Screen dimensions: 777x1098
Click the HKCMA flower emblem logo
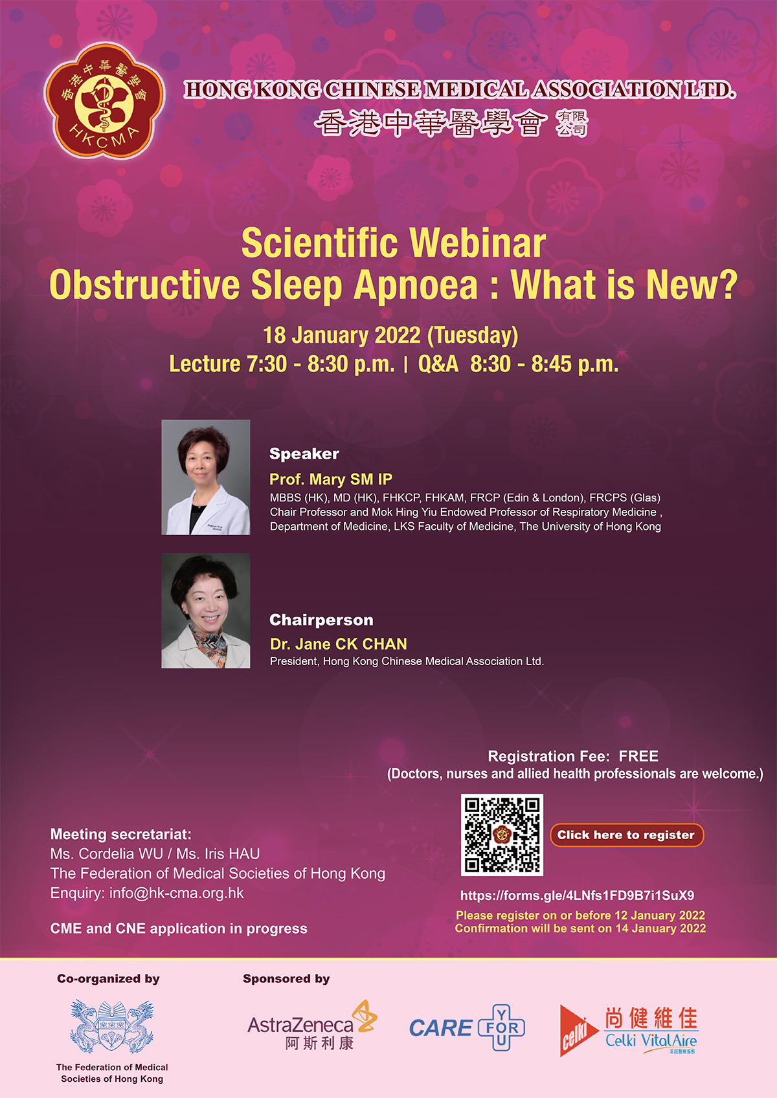click(104, 101)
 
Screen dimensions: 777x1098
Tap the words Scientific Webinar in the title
click(394, 243)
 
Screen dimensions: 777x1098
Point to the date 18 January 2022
click(341, 335)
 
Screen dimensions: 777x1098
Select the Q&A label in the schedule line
click(438, 364)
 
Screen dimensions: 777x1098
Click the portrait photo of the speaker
click(205, 477)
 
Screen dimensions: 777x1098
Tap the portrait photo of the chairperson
click(205, 611)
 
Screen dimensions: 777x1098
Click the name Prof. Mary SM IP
click(331, 479)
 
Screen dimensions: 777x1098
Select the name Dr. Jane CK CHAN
click(339, 644)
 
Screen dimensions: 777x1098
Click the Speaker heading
click(304, 454)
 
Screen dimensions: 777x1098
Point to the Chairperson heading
click(321, 620)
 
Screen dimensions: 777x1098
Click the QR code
click(502, 835)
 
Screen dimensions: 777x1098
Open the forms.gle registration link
click(577, 895)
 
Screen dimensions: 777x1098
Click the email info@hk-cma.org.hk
click(177, 893)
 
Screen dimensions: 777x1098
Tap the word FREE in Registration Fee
click(638, 756)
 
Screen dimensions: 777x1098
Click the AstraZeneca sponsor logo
click(313, 1024)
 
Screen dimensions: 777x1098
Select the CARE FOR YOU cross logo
click(467, 1027)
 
